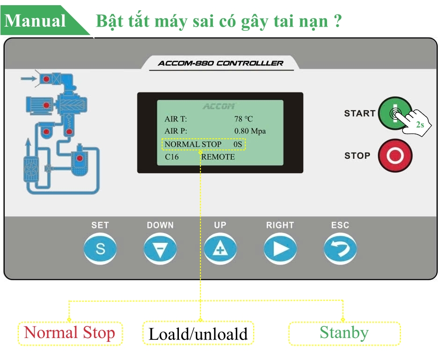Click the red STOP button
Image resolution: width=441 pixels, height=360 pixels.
tap(395, 155)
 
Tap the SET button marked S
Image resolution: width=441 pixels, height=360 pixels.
tap(100, 249)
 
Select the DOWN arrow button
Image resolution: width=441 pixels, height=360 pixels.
tap(160, 249)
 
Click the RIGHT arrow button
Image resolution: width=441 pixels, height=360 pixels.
tap(280, 249)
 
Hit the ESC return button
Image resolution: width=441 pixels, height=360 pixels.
tap(340, 249)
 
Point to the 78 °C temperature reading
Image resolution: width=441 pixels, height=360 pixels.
tap(243, 119)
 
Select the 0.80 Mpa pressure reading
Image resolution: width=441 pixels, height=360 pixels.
tap(250, 131)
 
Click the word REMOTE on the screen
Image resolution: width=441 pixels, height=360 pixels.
tap(218, 157)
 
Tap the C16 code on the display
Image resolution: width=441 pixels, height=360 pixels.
tap(172, 157)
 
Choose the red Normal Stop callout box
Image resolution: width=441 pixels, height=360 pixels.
tap(70, 333)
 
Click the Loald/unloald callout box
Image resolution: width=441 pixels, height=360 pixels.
tap(198, 334)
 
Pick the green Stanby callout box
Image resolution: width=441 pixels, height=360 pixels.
tap(344, 333)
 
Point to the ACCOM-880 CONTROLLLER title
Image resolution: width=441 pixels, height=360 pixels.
tap(220, 63)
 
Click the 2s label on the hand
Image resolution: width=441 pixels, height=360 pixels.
tap(420, 125)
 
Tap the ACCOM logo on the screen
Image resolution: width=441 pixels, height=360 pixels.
tap(219, 106)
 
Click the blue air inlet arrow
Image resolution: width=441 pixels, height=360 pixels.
tap(29, 79)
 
